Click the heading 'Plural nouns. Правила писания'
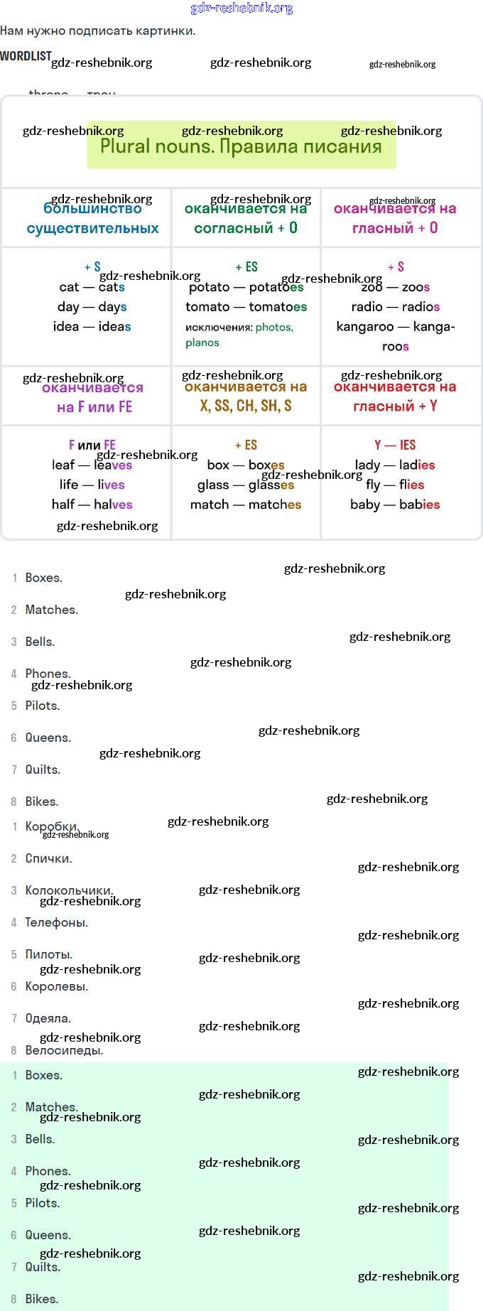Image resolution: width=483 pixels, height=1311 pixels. click(x=241, y=146)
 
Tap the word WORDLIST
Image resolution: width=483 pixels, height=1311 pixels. click(x=26, y=56)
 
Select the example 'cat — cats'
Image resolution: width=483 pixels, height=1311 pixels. click(x=92, y=287)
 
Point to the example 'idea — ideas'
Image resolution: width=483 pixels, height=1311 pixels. click(x=92, y=327)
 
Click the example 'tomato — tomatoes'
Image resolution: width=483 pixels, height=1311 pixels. click(x=246, y=307)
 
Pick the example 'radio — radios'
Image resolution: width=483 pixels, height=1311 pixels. click(x=395, y=307)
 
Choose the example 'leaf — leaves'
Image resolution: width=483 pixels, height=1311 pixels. click(x=92, y=465)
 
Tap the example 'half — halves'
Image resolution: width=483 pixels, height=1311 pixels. click(x=92, y=505)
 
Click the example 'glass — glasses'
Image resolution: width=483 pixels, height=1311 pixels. click(x=246, y=485)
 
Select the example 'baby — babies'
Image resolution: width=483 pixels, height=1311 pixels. click(x=395, y=505)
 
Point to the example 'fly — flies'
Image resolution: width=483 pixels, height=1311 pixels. click(x=395, y=485)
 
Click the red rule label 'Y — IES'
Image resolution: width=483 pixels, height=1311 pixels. click(x=395, y=446)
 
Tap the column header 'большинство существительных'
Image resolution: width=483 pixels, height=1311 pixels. click(x=92, y=219)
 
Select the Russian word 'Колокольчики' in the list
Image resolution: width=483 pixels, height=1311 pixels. click(x=69, y=890)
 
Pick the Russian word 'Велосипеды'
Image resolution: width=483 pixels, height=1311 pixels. click(x=64, y=1050)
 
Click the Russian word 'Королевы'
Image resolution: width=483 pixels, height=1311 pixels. click(x=57, y=986)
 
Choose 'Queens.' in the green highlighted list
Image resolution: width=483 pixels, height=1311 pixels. click(x=48, y=1235)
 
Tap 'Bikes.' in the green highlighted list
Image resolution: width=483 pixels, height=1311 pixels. click(x=42, y=1299)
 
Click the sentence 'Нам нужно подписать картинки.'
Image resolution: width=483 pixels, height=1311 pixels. click(x=98, y=31)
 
